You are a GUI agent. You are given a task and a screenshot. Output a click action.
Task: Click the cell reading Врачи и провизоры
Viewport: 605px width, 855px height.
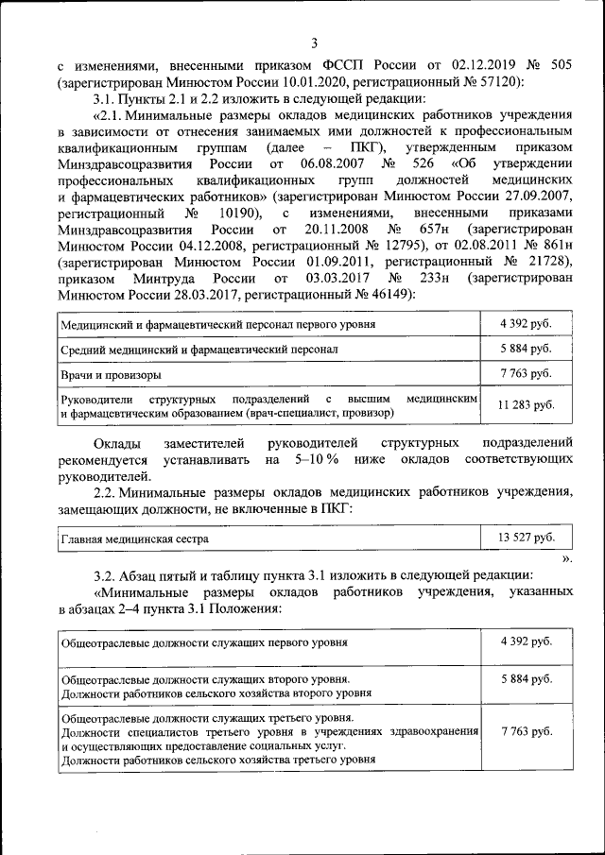pos(110,374)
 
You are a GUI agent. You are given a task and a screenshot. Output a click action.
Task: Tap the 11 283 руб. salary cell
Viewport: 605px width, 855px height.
pos(527,405)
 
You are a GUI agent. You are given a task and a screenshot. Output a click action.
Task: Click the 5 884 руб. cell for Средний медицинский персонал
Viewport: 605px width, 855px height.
pos(527,349)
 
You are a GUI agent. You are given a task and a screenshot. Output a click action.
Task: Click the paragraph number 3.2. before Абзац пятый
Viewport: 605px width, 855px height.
pos(108,574)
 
